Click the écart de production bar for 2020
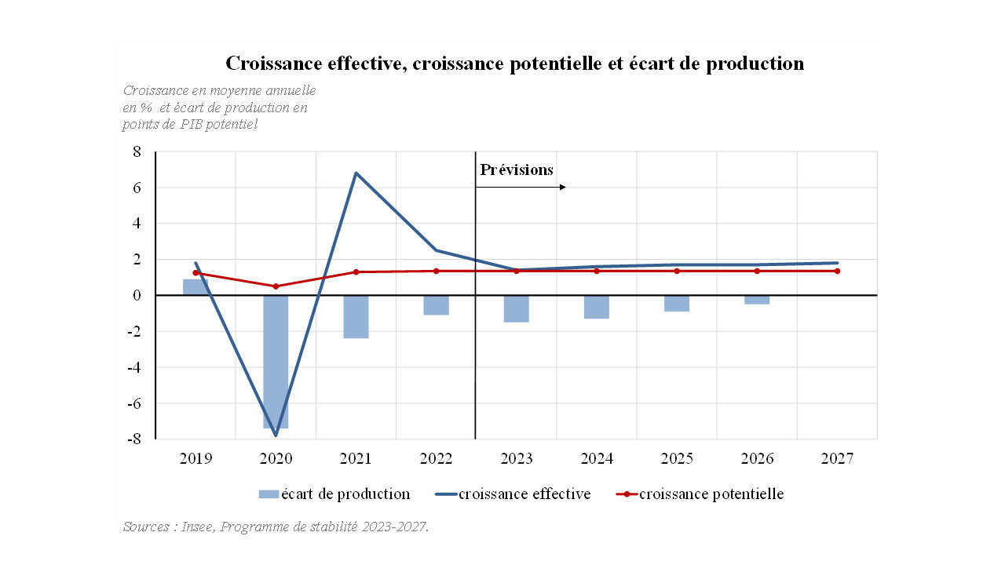point(276,361)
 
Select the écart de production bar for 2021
point(356,316)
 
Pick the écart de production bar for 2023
point(516,308)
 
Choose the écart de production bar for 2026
point(757,300)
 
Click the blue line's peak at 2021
point(356,173)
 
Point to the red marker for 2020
point(276,286)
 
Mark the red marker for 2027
point(837,271)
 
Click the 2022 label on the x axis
point(436,458)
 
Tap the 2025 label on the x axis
point(677,458)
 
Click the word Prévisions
point(517,169)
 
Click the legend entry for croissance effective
point(524,494)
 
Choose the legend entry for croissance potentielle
point(711,494)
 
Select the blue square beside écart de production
point(269,494)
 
